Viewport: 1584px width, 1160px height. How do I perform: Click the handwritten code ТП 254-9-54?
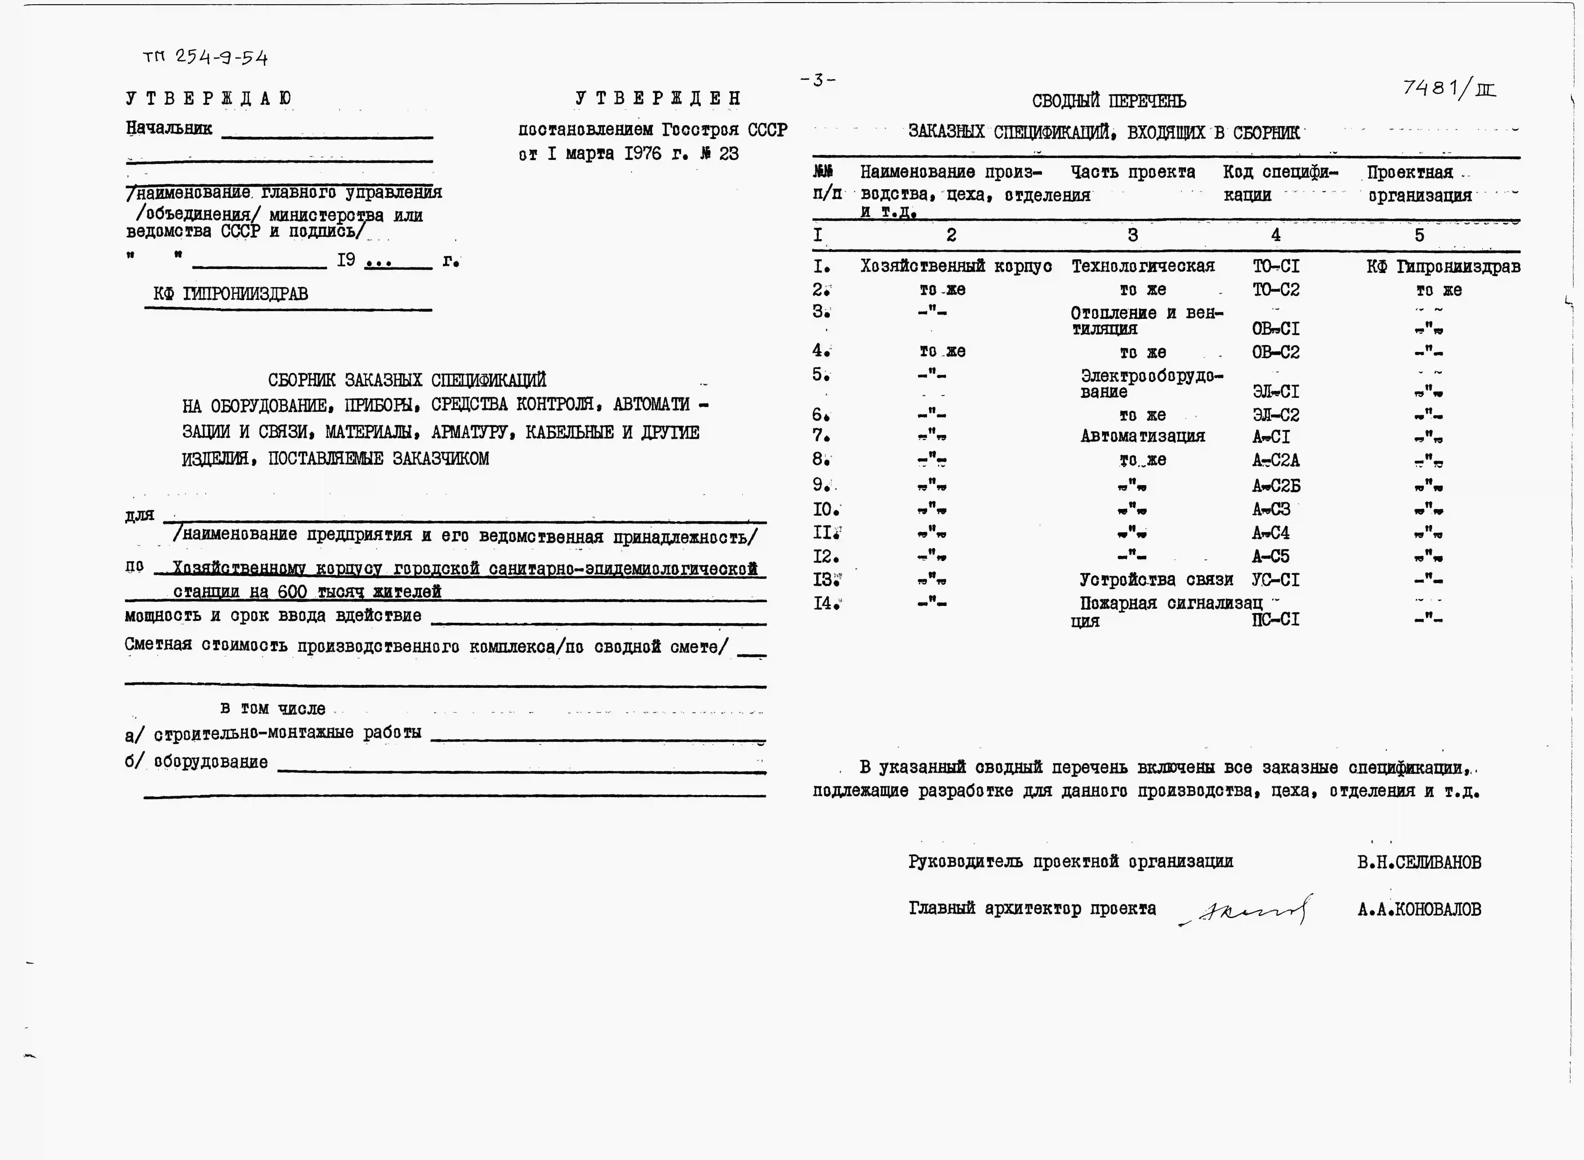pyautogui.click(x=205, y=57)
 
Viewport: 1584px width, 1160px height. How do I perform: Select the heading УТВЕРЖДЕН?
pyautogui.click(x=658, y=98)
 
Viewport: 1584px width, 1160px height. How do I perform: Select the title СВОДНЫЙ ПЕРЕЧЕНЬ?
pyautogui.click(x=1109, y=101)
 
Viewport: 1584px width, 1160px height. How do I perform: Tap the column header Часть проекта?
pyautogui.click(x=1132, y=172)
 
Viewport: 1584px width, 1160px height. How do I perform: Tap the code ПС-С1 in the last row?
pyautogui.click(x=1276, y=619)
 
